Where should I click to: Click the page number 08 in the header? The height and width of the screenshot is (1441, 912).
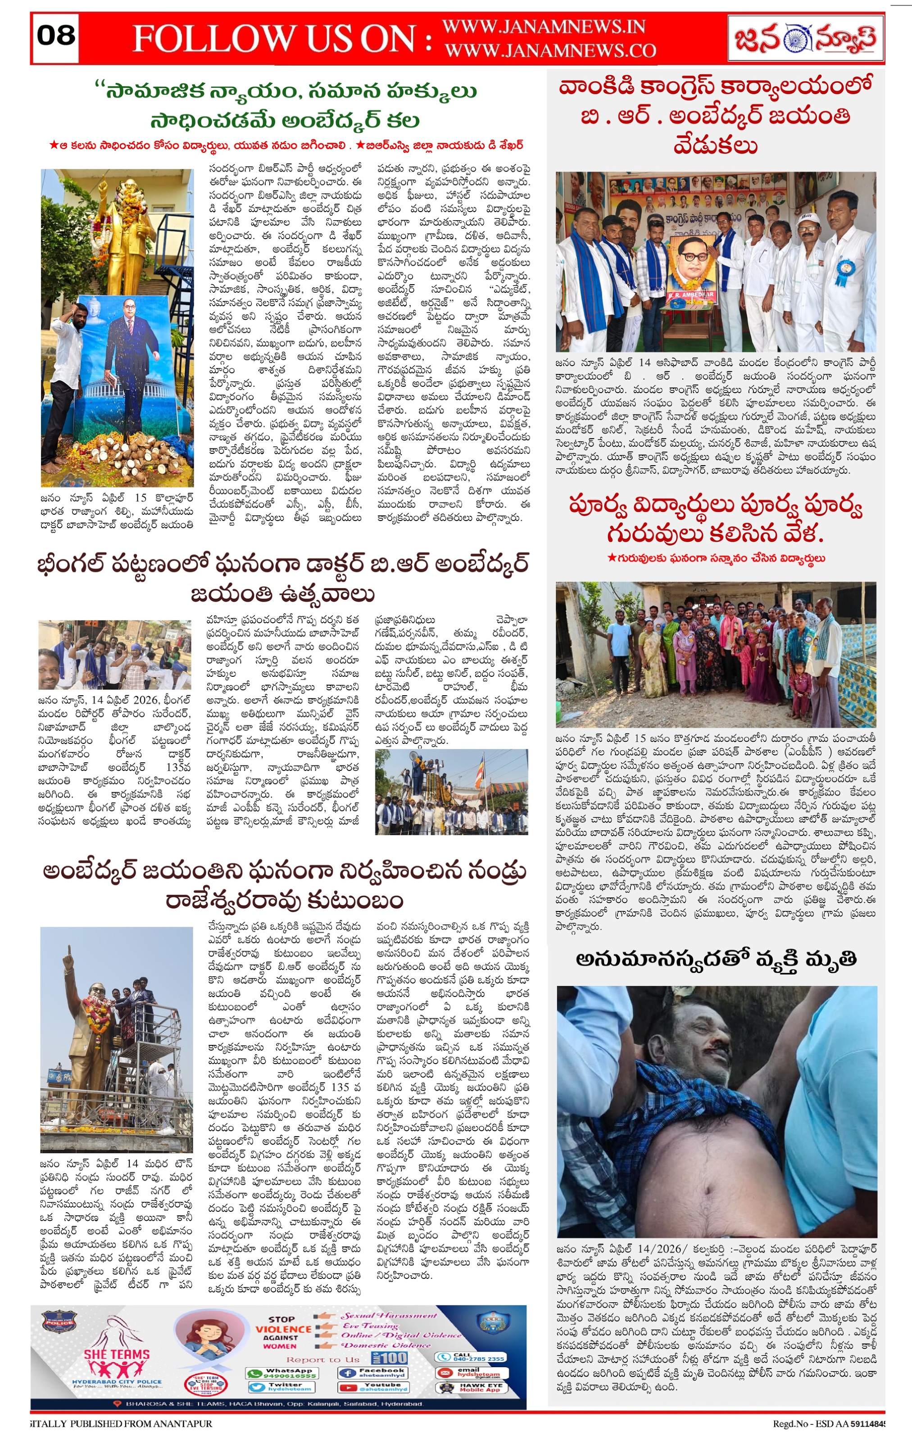56,36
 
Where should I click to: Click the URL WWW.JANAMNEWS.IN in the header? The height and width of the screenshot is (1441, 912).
543,27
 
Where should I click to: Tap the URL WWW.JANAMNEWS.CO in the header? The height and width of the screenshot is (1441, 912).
550,51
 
